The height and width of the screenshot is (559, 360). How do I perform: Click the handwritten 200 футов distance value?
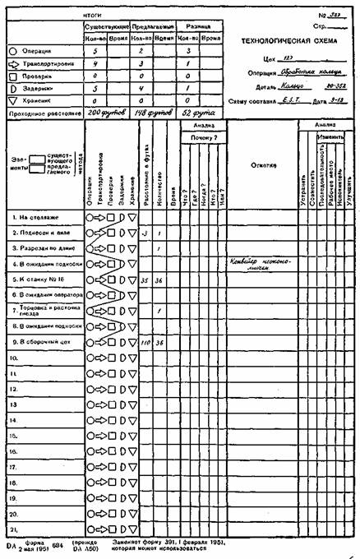[x=110, y=111]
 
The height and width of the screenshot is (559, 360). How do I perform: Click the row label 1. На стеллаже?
[x=38, y=218]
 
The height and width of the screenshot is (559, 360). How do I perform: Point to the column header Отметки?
[x=262, y=164]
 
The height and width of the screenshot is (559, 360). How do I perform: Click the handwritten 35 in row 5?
[x=145, y=280]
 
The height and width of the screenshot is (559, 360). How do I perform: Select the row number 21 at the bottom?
[x=15, y=528]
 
